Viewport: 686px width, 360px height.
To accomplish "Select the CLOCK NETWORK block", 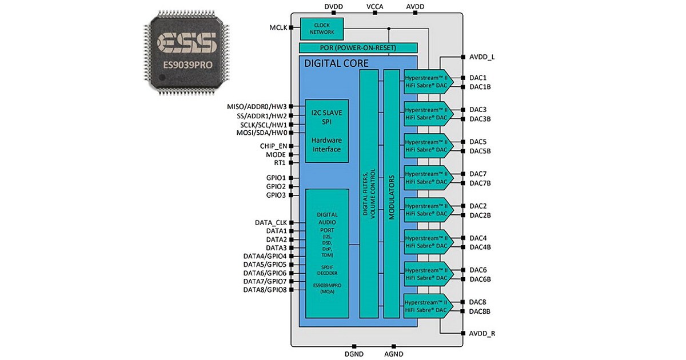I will [321, 29].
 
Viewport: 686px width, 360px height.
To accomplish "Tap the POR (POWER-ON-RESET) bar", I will [358, 47].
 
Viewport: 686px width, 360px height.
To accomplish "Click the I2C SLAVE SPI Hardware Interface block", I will [326, 131].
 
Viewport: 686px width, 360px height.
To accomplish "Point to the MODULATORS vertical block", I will [392, 194].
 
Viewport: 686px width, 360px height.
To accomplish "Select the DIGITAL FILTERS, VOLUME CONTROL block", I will [369, 194].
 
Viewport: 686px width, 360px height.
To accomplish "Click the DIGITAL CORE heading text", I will [336, 63].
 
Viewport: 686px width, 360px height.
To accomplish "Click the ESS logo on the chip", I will [187, 43].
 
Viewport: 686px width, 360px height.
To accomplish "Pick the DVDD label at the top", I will [334, 6].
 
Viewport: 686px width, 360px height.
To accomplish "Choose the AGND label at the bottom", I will [393, 354].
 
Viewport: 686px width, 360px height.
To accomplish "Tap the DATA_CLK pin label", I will [270, 222].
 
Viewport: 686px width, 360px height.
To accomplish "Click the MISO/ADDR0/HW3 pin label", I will [257, 106].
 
